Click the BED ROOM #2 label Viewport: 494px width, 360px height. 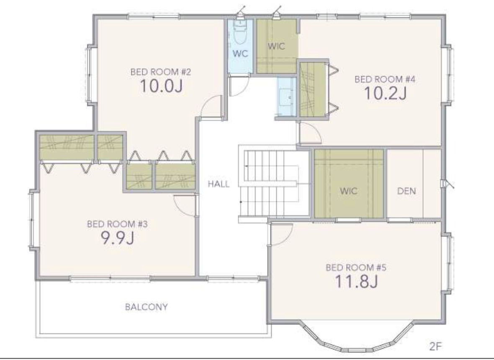161,72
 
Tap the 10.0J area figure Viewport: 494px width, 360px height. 161,86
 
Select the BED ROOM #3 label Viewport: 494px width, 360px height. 117,224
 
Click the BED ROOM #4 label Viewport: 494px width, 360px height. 385,79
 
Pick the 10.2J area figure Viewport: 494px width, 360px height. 385,93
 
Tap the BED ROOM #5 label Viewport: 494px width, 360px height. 356,267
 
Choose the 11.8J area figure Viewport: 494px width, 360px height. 356,281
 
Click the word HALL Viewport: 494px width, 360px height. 219,184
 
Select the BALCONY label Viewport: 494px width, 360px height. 147,307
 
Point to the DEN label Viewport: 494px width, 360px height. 407,191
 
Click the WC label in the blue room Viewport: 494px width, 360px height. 240,54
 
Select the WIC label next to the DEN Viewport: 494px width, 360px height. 349,191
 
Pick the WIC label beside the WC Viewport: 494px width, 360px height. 276,46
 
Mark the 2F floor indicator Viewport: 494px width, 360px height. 436,347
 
